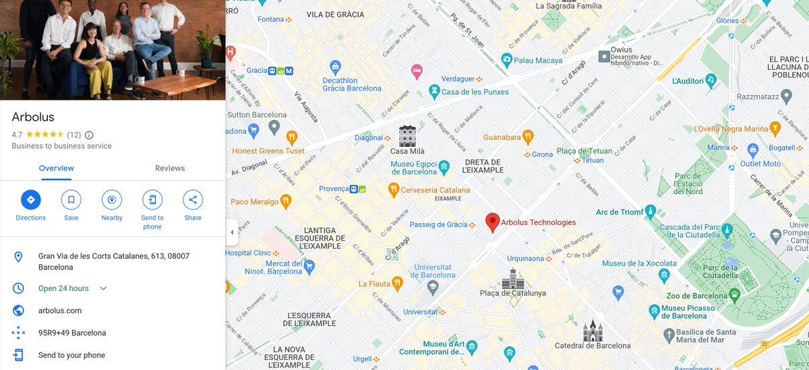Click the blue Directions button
(x=30, y=199)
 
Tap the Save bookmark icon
(x=71, y=199)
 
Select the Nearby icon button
(x=112, y=199)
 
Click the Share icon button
(x=193, y=199)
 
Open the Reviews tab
(x=170, y=168)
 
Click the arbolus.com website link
(x=60, y=311)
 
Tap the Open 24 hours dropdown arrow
(x=103, y=288)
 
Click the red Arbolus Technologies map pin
(x=493, y=222)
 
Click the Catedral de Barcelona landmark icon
(x=593, y=330)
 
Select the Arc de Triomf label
(x=620, y=212)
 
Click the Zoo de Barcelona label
(x=696, y=296)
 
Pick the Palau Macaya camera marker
(x=506, y=61)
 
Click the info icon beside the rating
(x=89, y=135)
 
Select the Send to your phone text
(x=71, y=355)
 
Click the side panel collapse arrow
(x=232, y=233)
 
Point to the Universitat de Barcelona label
(x=433, y=271)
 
